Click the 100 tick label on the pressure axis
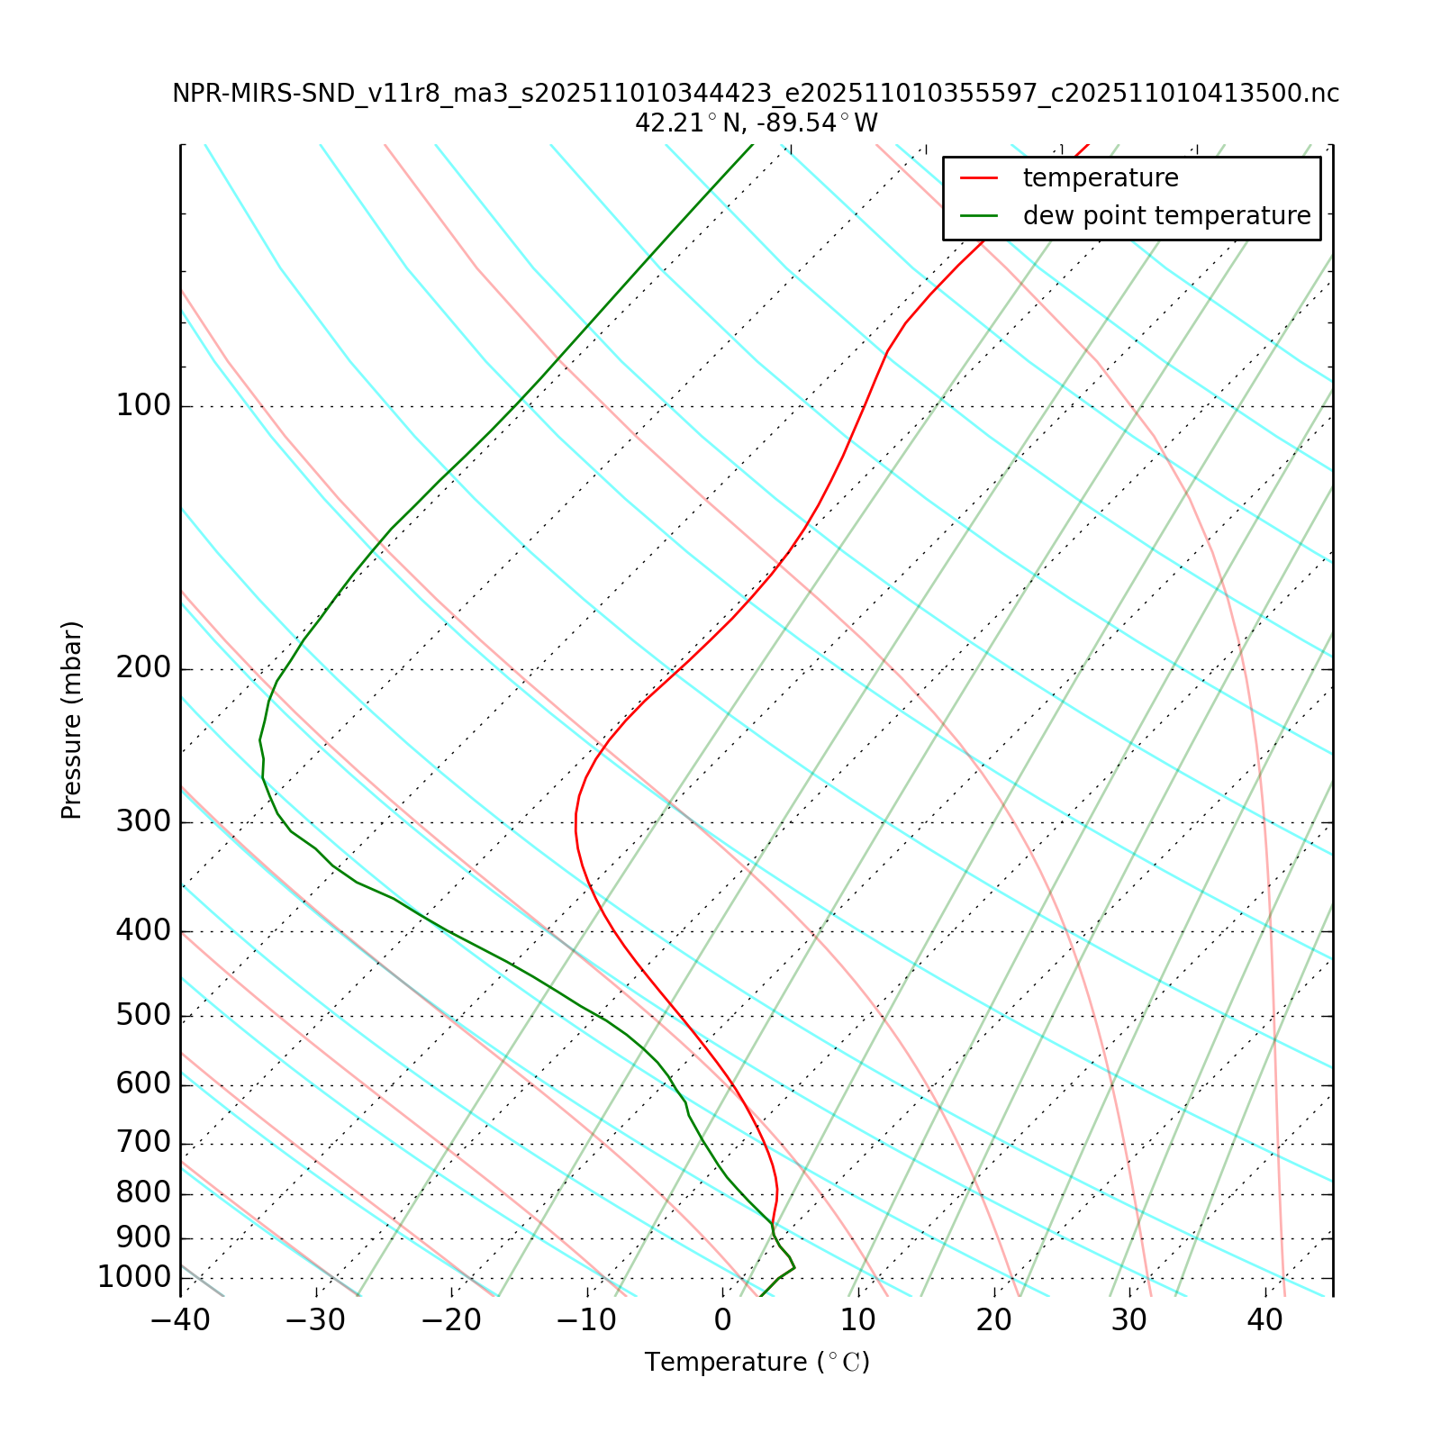[x=143, y=406]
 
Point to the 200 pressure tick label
[x=143, y=669]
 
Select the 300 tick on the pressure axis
[x=143, y=822]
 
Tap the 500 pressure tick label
[x=143, y=1016]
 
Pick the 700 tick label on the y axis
[x=143, y=1143]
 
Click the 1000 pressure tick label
[x=134, y=1277]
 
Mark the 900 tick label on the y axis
[x=143, y=1237]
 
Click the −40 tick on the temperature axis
[x=180, y=1321]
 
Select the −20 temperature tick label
[x=451, y=1321]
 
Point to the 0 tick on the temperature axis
[x=722, y=1321]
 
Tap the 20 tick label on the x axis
[x=994, y=1321]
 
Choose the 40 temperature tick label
[x=1265, y=1321]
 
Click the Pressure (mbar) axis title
[x=72, y=720]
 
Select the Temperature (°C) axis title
[x=757, y=1363]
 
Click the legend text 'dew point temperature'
[x=1166, y=216]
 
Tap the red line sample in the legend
[x=979, y=178]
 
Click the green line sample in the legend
[x=979, y=216]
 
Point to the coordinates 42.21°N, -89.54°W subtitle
[x=757, y=122]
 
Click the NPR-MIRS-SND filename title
[x=757, y=94]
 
